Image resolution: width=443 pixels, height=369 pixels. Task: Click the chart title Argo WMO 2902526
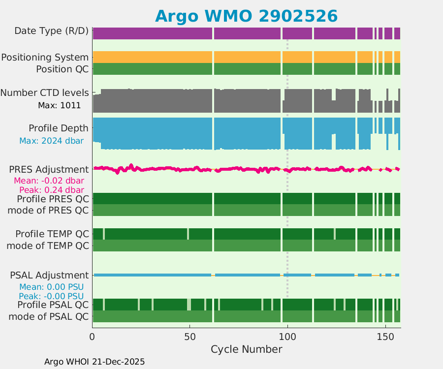[x=246, y=16]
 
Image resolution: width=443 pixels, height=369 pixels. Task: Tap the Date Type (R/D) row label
[x=51, y=31]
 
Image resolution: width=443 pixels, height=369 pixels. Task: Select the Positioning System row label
[x=45, y=57]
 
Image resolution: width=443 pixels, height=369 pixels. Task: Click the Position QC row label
[x=62, y=69]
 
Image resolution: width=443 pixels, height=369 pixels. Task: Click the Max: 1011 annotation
[x=59, y=105]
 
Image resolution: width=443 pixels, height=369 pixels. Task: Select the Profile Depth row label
[x=58, y=128]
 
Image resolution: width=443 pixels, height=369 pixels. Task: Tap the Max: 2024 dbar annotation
[x=51, y=141]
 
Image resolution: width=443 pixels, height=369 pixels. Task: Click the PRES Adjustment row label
[x=49, y=169]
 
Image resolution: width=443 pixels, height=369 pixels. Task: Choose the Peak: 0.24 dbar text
[x=51, y=190]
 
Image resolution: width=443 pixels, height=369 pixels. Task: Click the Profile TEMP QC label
[x=52, y=233]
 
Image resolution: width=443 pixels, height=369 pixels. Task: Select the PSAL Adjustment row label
[x=49, y=275]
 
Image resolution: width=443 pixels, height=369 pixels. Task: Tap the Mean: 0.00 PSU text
[x=51, y=286]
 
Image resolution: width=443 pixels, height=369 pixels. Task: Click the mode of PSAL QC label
[x=49, y=316]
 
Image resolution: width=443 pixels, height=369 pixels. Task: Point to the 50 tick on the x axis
[x=190, y=338]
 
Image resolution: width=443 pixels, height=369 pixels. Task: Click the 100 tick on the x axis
[x=287, y=338]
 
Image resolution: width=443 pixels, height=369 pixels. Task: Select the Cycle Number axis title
[x=246, y=349]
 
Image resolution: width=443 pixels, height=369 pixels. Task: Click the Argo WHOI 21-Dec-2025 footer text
[x=95, y=362]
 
